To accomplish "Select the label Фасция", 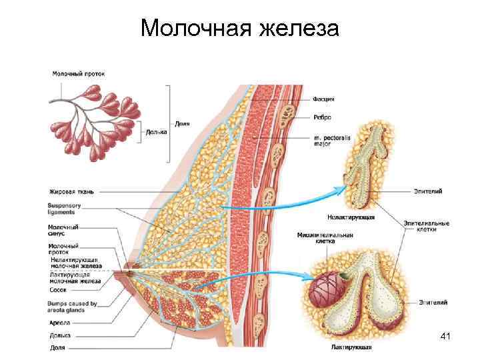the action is tap(324, 99).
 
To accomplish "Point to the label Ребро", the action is tap(323, 117).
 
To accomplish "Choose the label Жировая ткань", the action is tap(71, 191).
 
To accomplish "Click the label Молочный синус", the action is tap(63, 231).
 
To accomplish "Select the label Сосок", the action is tap(57, 290).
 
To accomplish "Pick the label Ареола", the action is tap(59, 323).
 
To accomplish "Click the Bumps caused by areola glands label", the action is tap(72, 307).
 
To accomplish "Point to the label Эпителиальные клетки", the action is tap(426, 227).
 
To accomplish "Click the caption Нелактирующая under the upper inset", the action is tap(351, 217).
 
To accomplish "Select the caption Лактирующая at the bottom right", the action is tap(351, 347).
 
